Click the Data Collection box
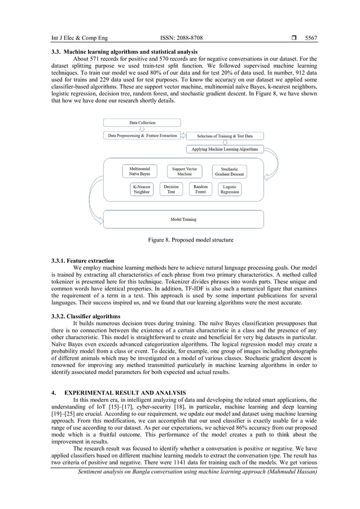click(142, 122)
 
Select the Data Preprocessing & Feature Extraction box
click(142, 136)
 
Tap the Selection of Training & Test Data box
click(225, 136)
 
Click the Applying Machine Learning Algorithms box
click(225, 150)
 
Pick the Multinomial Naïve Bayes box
click(140, 172)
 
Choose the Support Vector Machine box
click(185, 172)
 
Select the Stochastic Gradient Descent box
click(230, 172)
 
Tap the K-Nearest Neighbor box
click(141, 189)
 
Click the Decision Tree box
click(171, 189)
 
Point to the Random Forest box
click(200, 189)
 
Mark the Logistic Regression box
click(230, 189)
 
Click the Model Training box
click(184, 219)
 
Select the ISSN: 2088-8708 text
click(182, 38)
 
